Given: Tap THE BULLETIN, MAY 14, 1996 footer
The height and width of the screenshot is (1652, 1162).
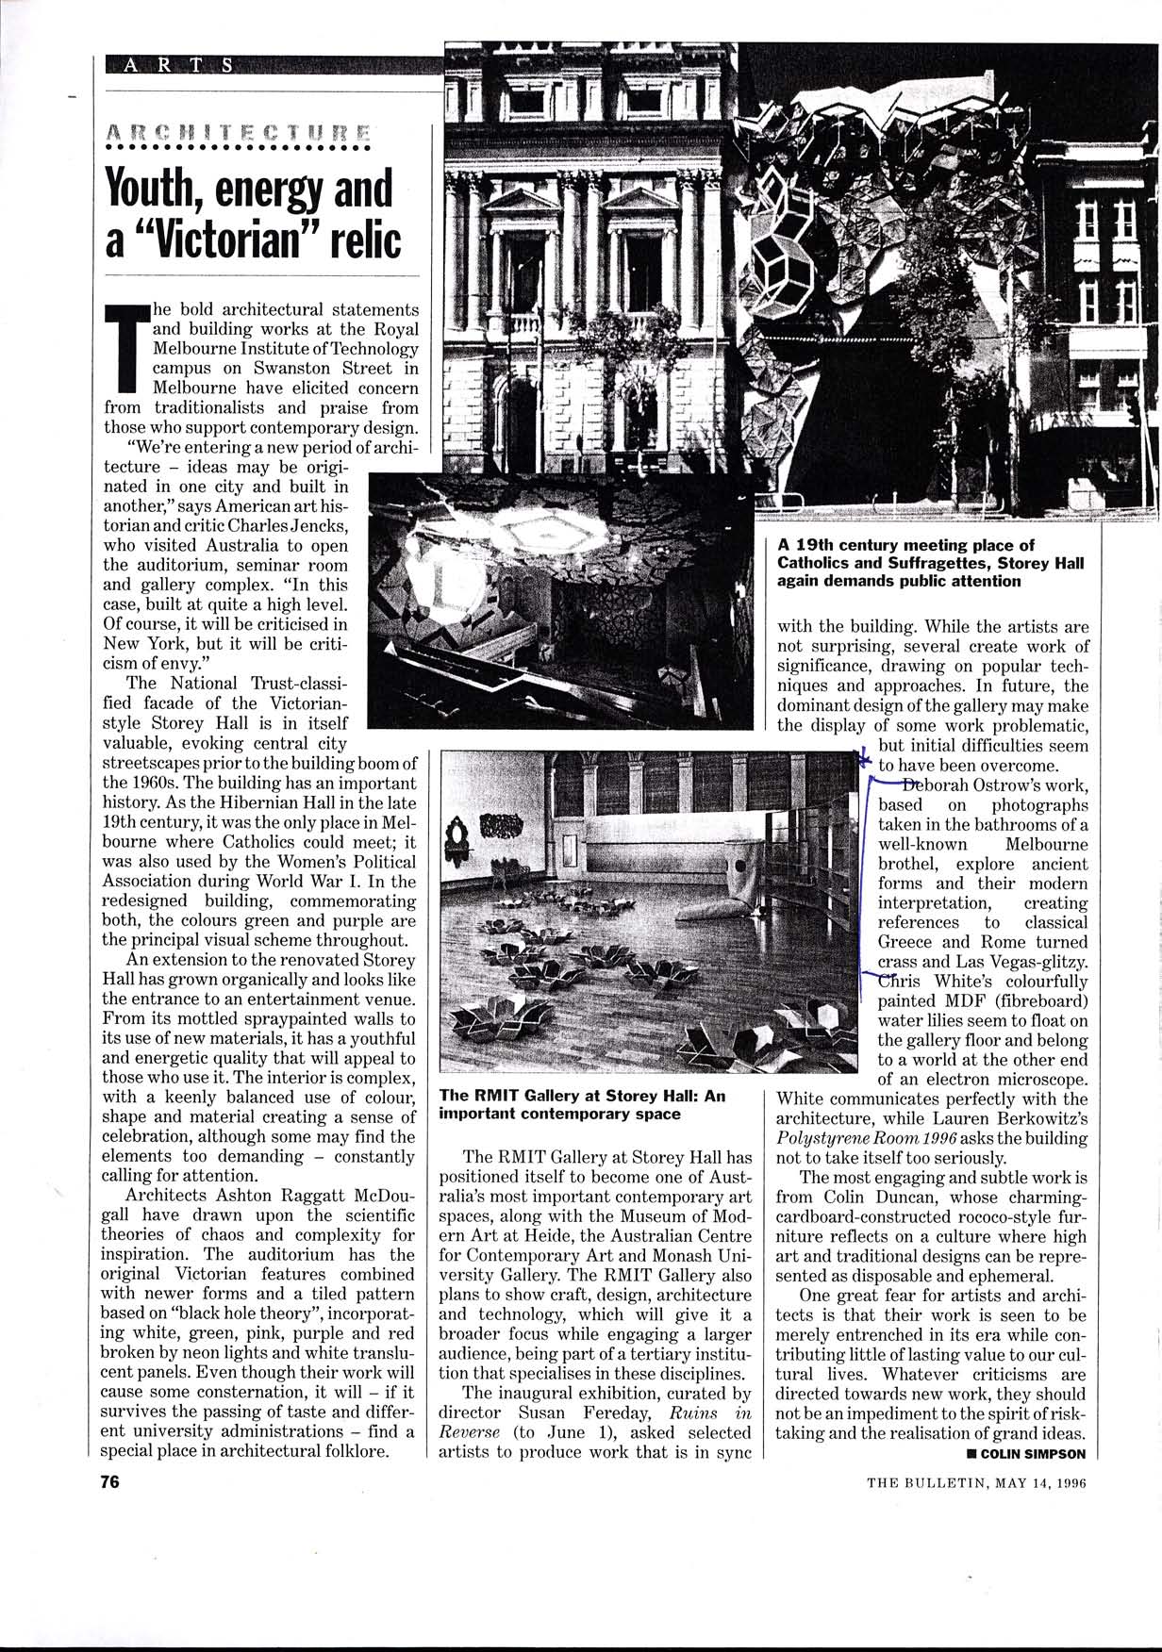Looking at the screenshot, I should [x=977, y=1481].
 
